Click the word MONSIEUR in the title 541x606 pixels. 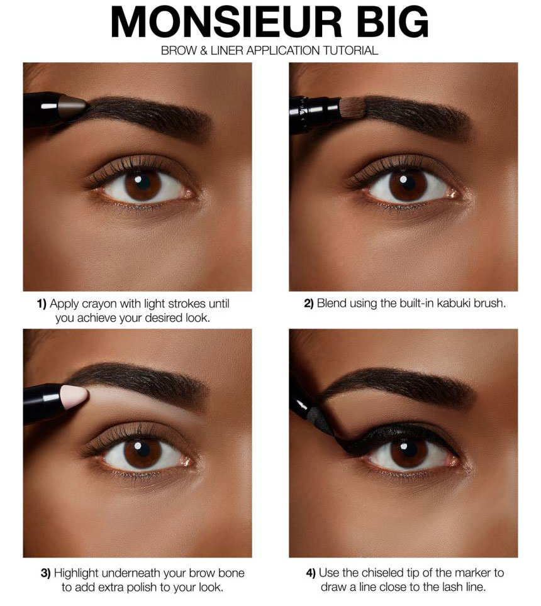(x=226, y=22)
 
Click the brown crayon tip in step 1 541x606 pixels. (x=72, y=107)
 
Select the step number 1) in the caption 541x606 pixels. (x=42, y=304)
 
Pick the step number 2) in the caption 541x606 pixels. (x=308, y=304)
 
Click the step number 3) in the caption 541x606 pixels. (x=46, y=573)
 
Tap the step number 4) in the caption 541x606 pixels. (x=311, y=573)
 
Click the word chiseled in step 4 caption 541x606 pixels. (x=382, y=573)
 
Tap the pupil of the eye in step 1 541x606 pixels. (x=142, y=183)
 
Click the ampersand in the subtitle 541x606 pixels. (x=203, y=51)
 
